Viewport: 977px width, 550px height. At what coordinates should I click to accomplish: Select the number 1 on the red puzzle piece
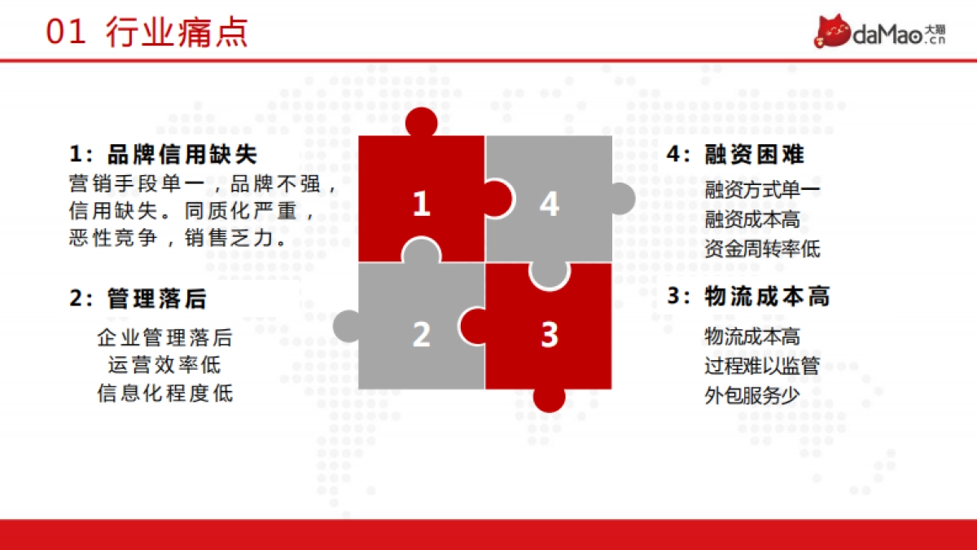click(x=420, y=204)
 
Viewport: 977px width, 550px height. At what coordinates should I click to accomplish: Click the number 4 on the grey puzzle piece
click(x=550, y=204)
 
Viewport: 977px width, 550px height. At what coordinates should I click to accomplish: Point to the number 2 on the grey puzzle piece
click(x=420, y=334)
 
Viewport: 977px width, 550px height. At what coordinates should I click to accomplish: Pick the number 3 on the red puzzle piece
click(x=550, y=334)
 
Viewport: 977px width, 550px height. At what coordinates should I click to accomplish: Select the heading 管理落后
click(x=157, y=299)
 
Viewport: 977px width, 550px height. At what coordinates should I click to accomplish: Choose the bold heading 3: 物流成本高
click(x=748, y=297)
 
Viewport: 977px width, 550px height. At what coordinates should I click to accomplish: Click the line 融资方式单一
click(x=762, y=191)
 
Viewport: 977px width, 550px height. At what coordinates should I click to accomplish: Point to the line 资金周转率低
click(x=762, y=249)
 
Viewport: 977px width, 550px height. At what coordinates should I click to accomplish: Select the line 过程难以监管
click(x=762, y=365)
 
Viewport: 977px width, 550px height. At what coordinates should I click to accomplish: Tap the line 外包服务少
click(x=751, y=395)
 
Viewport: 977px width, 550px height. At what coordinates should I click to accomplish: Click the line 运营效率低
click(x=164, y=364)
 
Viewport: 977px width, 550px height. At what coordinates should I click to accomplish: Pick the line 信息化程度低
click(x=164, y=394)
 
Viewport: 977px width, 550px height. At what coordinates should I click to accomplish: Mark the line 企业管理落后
click(x=164, y=336)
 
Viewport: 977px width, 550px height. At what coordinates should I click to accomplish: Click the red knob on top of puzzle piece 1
click(x=422, y=122)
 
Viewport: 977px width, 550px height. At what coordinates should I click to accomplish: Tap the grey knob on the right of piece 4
click(x=621, y=199)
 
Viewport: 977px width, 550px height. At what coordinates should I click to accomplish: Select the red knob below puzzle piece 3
click(x=550, y=398)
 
